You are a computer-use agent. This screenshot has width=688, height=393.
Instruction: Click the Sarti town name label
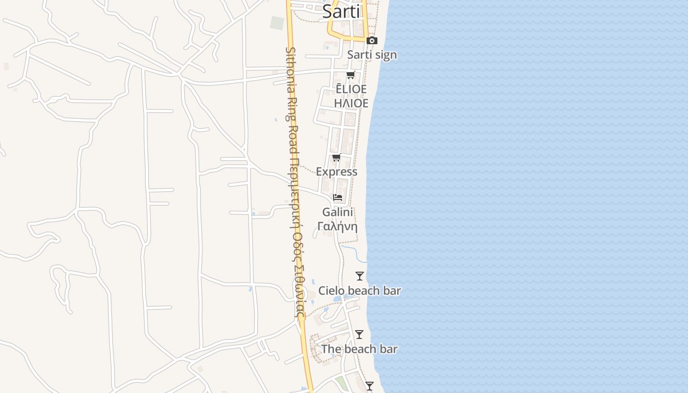pyautogui.click(x=342, y=11)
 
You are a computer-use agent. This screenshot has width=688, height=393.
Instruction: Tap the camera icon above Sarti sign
pyautogui.click(x=372, y=40)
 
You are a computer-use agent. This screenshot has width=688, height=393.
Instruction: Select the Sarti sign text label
pyautogui.click(x=372, y=55)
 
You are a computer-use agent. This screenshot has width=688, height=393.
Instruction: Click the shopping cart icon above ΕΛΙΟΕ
pyautogui.click(x=350, y=75)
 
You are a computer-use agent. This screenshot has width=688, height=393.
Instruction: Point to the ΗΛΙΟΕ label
pyautogui.click(x=351, y=103)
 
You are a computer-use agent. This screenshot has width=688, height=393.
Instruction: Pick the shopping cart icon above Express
pyautogui.click(x=337, y=157)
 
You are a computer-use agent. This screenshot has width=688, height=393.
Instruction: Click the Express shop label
pyautogui.click(x=337, y=171)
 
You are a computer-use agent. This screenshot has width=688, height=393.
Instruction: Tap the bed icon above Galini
pyautogui.click(x=338, y=197)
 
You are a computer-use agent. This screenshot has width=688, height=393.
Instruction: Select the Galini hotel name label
pyautogui.click(x=338, y=212)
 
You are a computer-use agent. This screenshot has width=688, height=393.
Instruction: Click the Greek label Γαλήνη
pyautogui.click(x=338, y=226)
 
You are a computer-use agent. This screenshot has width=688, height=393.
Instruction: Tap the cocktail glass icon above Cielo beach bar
pyautogui.click(x=360, y=276)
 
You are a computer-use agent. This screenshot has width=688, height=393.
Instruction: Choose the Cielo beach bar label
pyautogui.click(x=360, y=290)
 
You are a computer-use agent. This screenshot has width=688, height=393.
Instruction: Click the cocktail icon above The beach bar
pyautogui.click(x=359, y=335)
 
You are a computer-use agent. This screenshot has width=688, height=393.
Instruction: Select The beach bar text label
pyautogui.click(x=359, y=349)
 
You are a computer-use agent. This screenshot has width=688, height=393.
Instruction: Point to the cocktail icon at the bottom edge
pyautogui.click(x=370, y=386)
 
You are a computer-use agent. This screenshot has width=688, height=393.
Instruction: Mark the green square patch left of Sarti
pyautogui.click(x=277, y=23)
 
